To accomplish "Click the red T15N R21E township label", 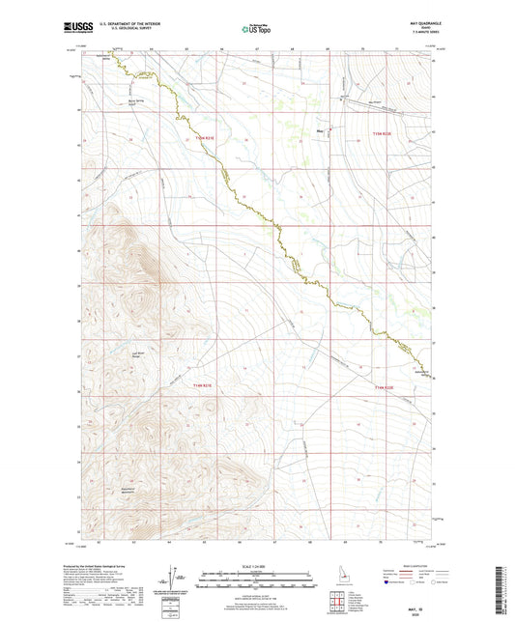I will pos(203,138).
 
